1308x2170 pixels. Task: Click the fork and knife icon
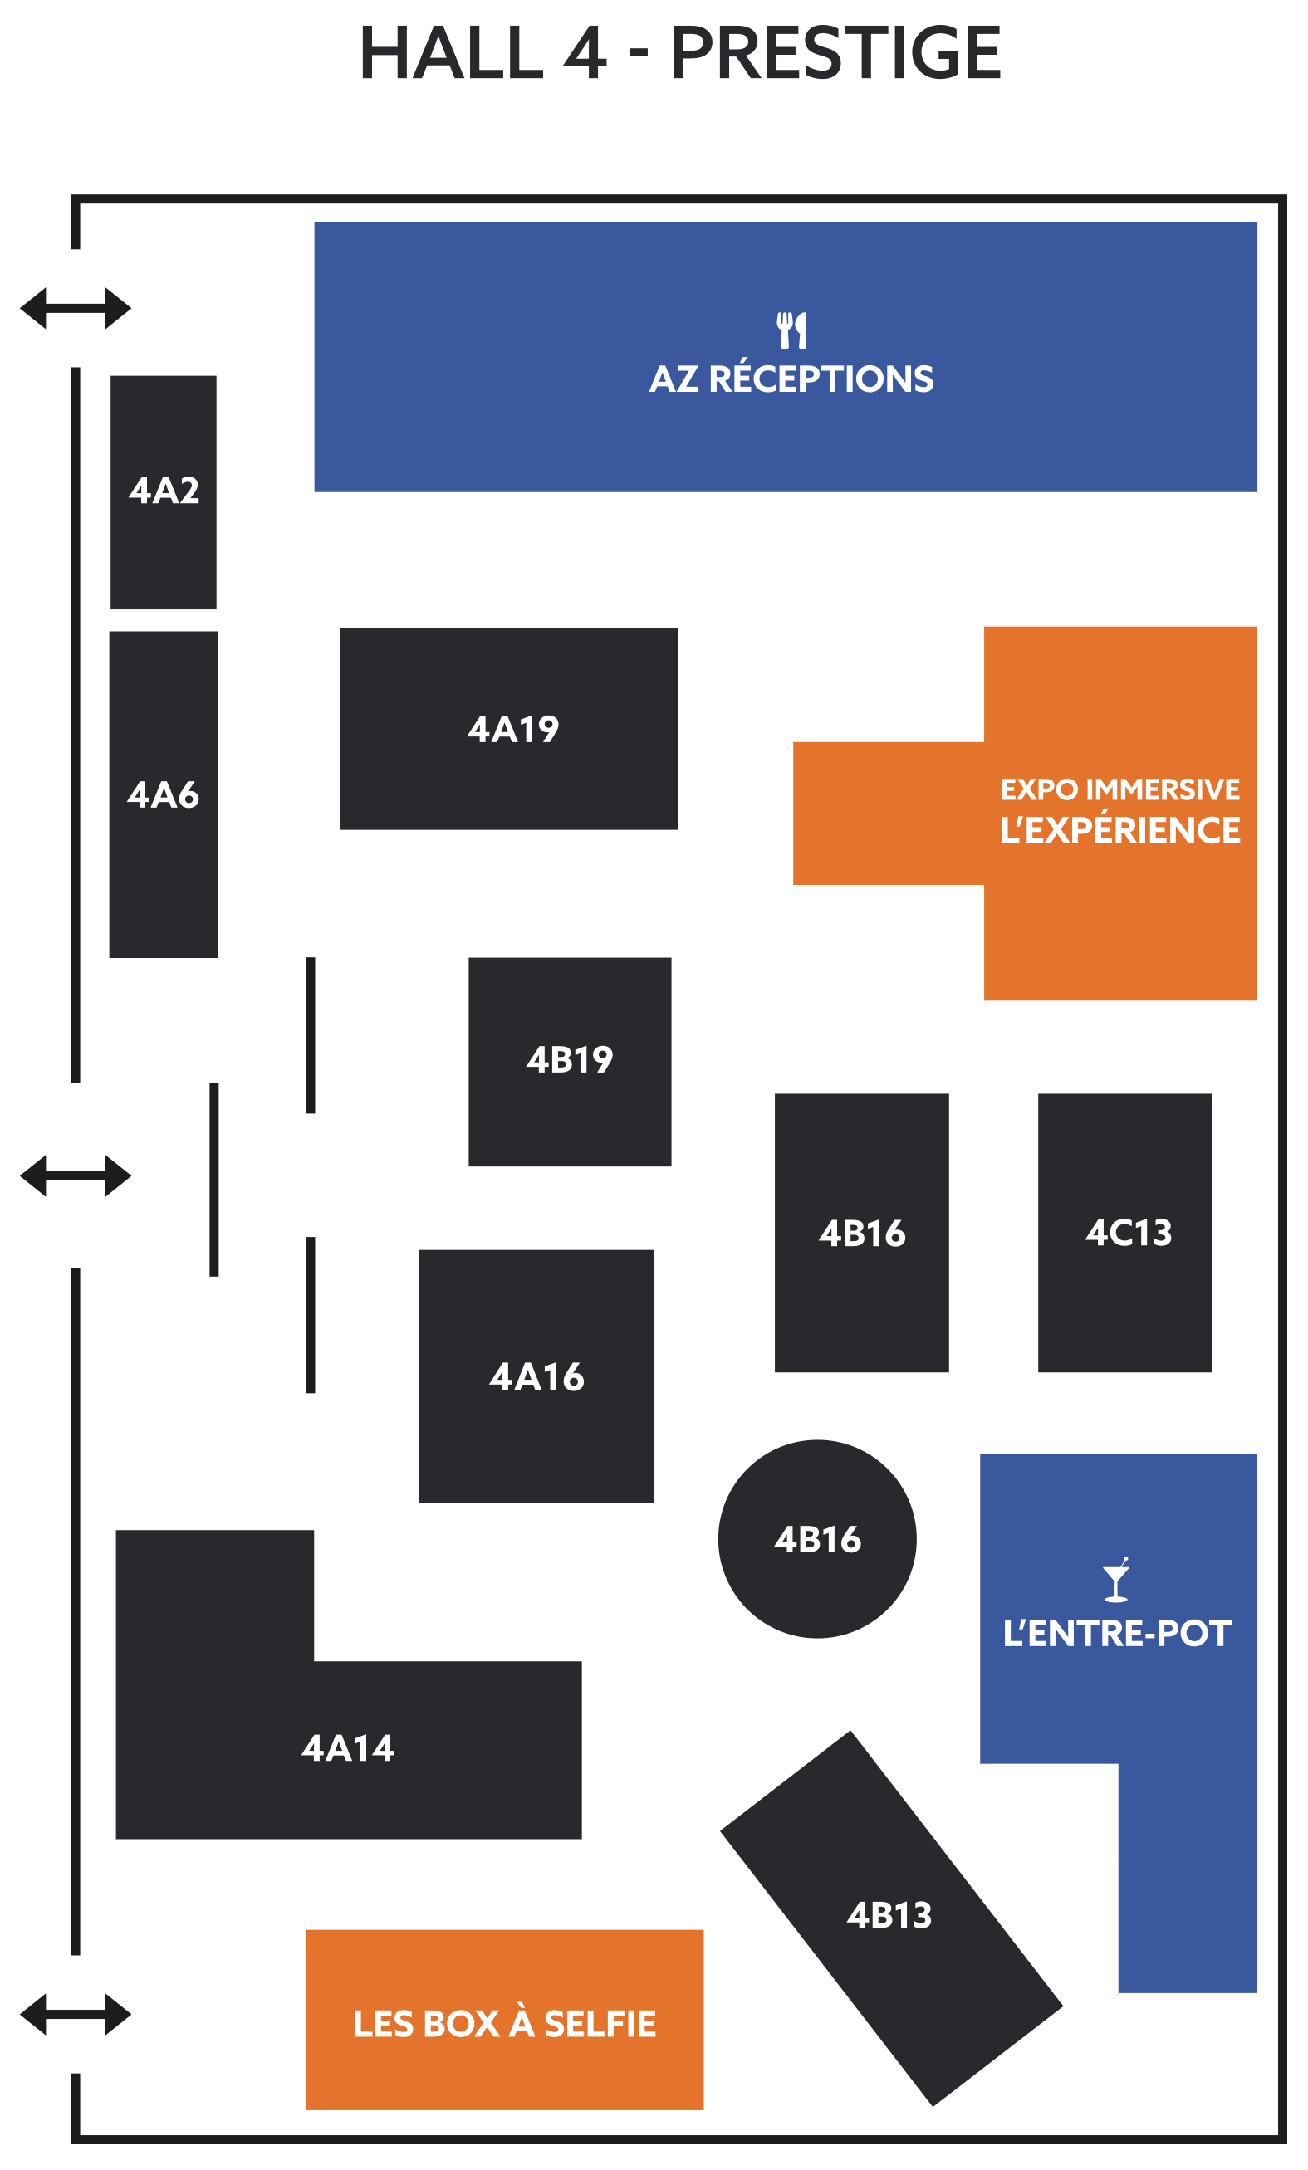click(x=791, y=330)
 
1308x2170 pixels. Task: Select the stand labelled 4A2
click(x=163, y=491)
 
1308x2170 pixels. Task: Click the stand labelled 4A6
click(x=163, y=794)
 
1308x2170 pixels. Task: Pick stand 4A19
click(x=509, y=728)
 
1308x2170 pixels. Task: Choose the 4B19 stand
click(x=569, y=1060)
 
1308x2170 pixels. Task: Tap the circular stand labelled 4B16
click(x=816, y=1539)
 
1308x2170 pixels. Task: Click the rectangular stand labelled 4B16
click(x=861, y=1233)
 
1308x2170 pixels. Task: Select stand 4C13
click(x=1124, y=1233)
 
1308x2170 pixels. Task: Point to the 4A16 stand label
click(x=536, y=1376)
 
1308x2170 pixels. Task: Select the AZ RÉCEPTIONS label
click(x=791, y=379)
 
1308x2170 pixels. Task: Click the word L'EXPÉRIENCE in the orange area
click(x=1119, y=830)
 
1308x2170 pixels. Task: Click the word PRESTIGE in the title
click(x=835, y=53)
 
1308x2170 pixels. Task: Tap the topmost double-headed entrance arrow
click(x=76, y=308)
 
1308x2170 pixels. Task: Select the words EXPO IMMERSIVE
click(x=1119, y=789)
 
